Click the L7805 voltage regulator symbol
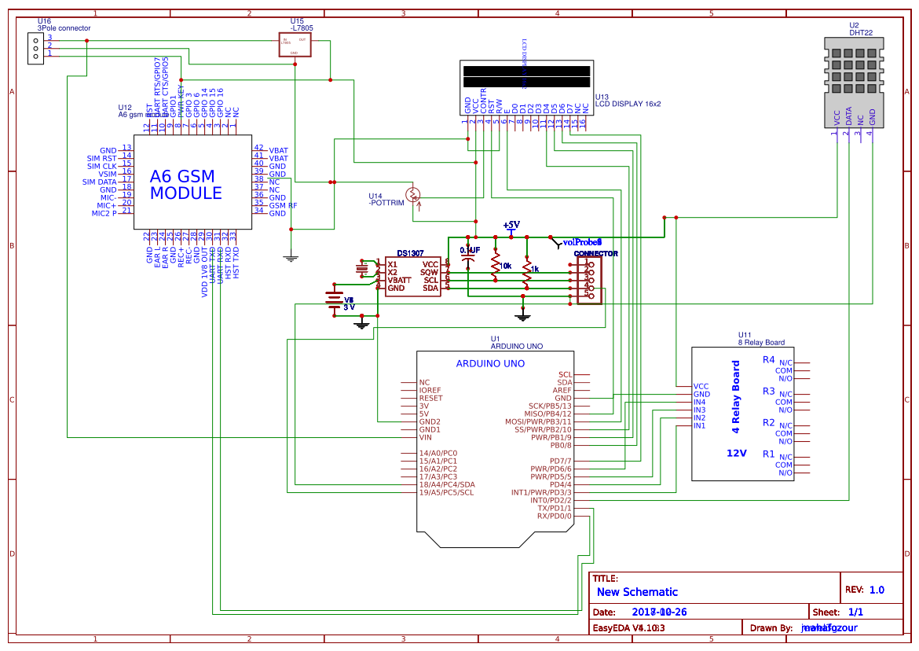pos(294,45)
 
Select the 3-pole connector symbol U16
pos(35,47)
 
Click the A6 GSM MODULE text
pos(185,185)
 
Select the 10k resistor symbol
pos(496,266)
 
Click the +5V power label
pos(511,225)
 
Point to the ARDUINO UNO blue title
pos(490,363)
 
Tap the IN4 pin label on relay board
pos(699,402)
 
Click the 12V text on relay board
pos(736,453)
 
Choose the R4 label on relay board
pos(768,359)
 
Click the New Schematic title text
pos(637,592)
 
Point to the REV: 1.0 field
pos(864,590)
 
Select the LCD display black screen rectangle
pos(526,76)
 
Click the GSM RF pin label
pos(283,205)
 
